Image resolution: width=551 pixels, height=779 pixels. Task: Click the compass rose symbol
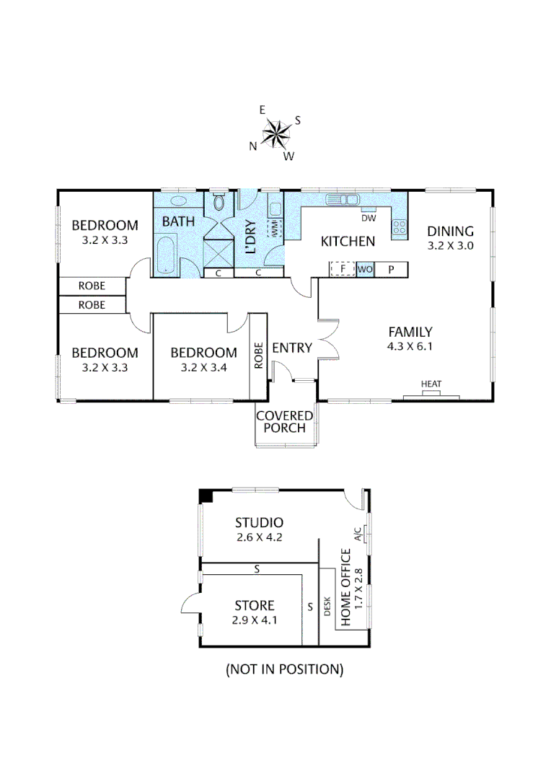point(275,133)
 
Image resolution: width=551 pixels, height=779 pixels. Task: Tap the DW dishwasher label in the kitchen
point(368,218)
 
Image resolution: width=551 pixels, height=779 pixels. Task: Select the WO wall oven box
point(365,269)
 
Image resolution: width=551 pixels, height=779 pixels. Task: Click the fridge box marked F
point(343,269)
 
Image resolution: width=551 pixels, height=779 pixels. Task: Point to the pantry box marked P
point(392,269)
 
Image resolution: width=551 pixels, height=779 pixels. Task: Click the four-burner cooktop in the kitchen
point(399,229)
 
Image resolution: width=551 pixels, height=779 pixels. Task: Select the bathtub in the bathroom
point(167,254)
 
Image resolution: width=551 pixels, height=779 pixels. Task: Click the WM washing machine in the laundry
point(275,229)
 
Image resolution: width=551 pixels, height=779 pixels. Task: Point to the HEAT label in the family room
point(431,384)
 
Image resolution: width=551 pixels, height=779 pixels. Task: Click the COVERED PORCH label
point(285,422)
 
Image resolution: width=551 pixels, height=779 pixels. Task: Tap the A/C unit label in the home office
point(357,534)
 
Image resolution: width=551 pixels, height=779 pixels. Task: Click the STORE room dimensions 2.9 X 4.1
point(255,620)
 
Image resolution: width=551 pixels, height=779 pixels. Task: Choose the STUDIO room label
point(259,522)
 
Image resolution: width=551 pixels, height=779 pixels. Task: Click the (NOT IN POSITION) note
point(284,669)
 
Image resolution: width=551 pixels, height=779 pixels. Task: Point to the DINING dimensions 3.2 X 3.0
point(451,245)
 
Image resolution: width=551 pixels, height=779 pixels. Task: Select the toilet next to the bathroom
point(219,203)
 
